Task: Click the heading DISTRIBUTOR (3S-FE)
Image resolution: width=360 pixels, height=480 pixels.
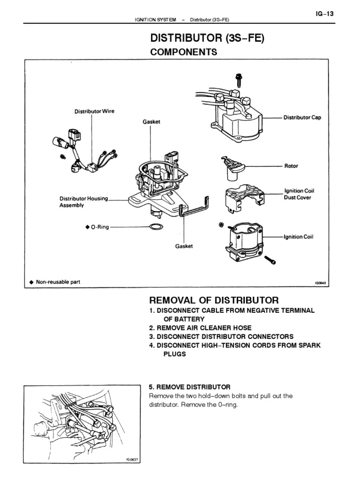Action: tap(207, 38)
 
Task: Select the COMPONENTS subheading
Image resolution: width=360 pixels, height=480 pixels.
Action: tap(183, 52)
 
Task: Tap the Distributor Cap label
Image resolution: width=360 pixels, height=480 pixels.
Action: tap(302, 118)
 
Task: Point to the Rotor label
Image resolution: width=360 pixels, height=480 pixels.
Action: tap(291, 166)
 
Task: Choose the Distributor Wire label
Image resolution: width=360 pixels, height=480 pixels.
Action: tap(95, 112)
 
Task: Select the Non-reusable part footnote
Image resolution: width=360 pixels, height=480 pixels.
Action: tap(59, 282)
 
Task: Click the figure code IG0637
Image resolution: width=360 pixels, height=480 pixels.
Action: tap(133, 460)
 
